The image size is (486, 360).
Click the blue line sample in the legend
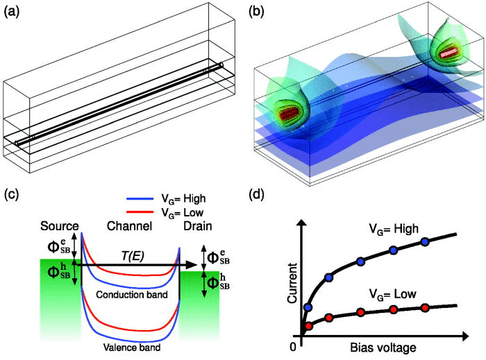tap(140, 198)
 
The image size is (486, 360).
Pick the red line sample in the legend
tap(140, 212)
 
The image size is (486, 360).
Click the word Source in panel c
tap(60, 226)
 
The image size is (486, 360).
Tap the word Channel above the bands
tap(130, 226)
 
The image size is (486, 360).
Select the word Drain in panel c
tap(198, 226)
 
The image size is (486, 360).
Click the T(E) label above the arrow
tap(133, 257)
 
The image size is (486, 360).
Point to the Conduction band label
tap(132, 294)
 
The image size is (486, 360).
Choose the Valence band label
tap(132, 348)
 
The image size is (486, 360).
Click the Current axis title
tap(292, 283)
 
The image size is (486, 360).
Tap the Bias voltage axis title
tap(383, 348)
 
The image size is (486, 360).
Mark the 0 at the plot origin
tap(293, 348)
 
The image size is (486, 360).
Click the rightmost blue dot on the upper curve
tap(425, 242)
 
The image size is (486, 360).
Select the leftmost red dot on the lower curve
tap(308, 326)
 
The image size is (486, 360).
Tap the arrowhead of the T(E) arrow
tap(192, 265)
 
